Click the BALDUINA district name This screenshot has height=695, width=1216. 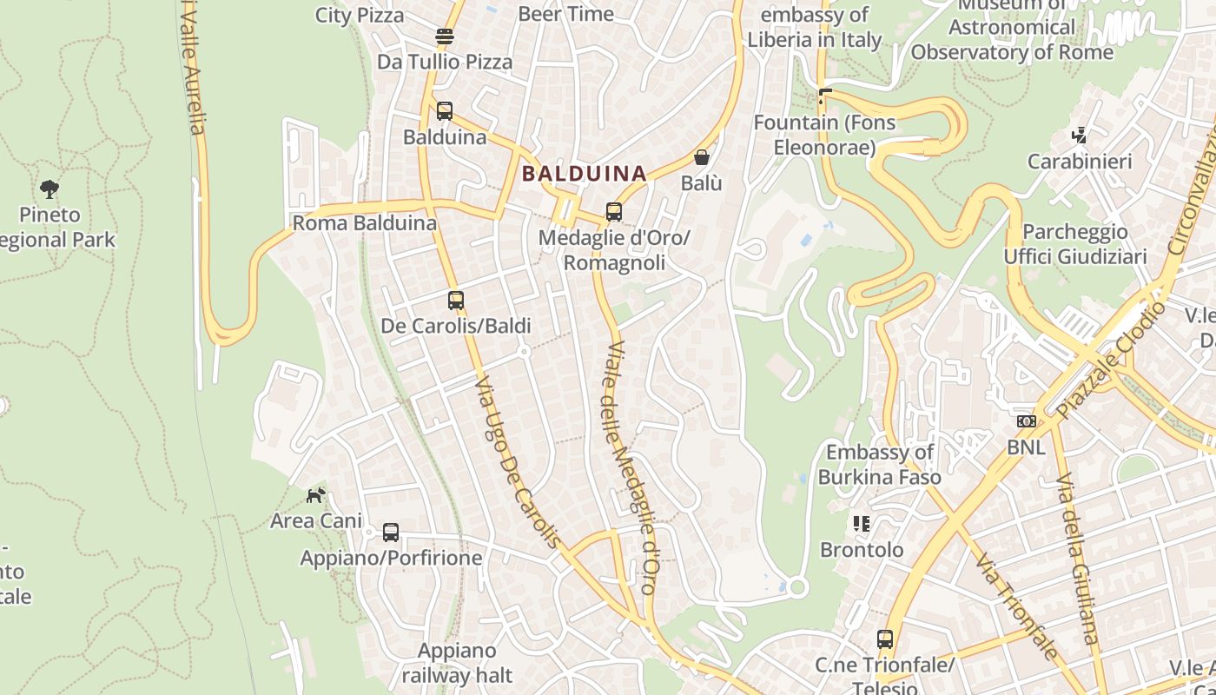pyautogui.click(x=584, y=174)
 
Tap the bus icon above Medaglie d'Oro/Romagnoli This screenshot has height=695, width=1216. pyautogui.click(x=613, y=211)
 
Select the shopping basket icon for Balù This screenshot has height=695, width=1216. pyautogui.click(x=702, y=157)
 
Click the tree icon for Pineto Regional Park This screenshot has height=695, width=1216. pyautogui.click(x=50, y=189)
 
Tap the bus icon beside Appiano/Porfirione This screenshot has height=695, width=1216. pyautogui.click(x=391, y=532)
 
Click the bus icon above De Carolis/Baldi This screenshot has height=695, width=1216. pyautogui.click(x=456, y=301)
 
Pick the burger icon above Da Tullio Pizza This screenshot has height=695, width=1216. pyautogui.click(x=445, y=36)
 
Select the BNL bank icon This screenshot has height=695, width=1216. pyautogui.click(x=1027, y=421)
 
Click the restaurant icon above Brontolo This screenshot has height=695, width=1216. pyautogui.click(x=862, y=523)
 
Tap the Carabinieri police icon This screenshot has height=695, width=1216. pyautogui.click(x=1080, y=136)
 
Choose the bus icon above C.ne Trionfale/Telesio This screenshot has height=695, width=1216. pyautogui.click(x=885, y=639)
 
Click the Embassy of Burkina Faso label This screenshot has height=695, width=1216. pyautogui.click(x=879, y=464)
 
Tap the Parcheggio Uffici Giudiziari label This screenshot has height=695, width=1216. pyautogui.click(x=1074, y=244)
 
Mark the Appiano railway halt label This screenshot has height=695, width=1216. pyautogui.click(x=457, y=662)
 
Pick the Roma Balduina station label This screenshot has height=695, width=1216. pyautogui.click(x=364, y=223)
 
